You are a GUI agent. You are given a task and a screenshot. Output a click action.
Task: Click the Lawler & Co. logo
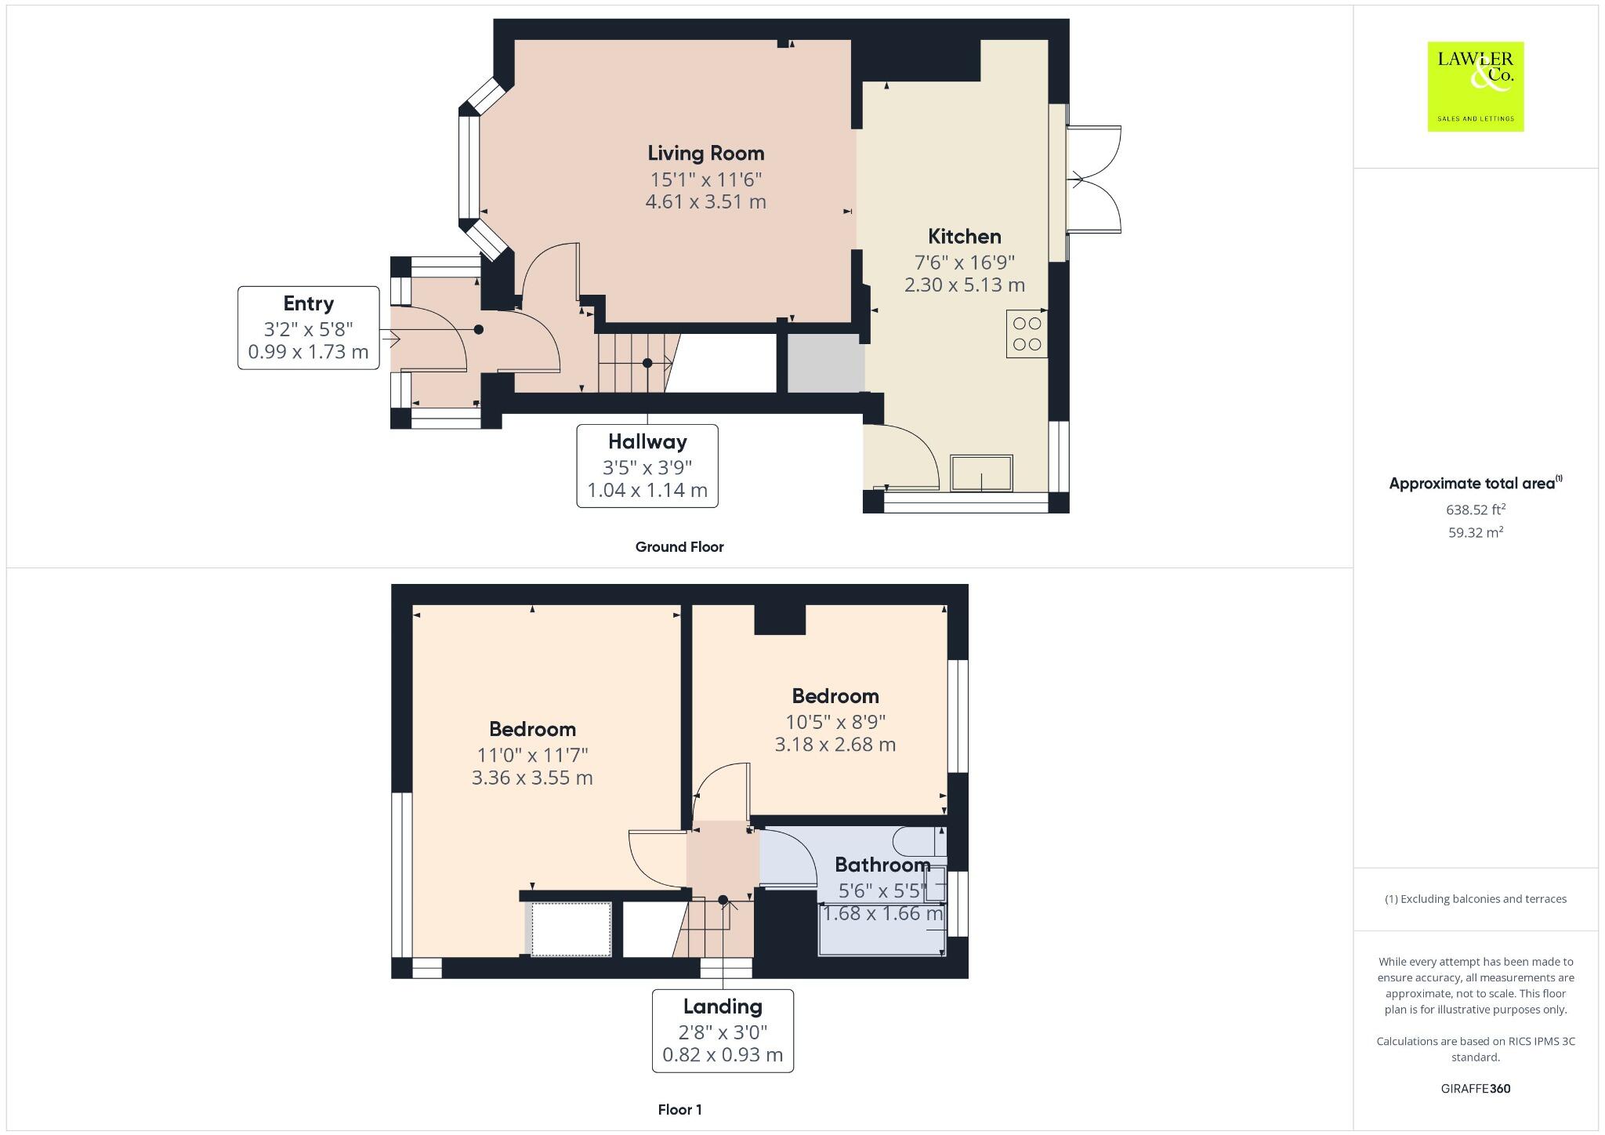point(1475,86)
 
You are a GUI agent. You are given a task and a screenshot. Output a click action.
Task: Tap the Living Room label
point(705,154)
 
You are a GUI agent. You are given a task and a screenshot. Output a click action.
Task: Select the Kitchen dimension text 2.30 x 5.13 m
point(964,285)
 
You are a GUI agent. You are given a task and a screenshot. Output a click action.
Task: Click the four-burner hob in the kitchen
point(1027,334)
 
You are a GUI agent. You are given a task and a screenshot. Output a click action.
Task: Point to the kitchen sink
point(981,473)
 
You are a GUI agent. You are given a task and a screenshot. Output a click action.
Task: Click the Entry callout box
point(308,328)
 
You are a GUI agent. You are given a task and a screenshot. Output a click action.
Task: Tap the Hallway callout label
point(647,442)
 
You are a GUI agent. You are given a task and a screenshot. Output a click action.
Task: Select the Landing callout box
point(723,1030)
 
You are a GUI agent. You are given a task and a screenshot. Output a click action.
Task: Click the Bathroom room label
point(882,865)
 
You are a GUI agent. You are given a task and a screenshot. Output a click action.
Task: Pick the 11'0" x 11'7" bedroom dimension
point(532,756)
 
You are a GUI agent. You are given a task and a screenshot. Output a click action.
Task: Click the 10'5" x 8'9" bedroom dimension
point(835,722)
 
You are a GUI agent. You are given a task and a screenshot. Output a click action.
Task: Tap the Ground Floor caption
point(679,547)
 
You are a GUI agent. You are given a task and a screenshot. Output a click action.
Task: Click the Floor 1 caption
point(679,1110)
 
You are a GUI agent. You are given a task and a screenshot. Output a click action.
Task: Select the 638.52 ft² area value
point(1475,509)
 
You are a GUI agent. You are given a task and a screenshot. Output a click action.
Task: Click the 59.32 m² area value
point(1475,532)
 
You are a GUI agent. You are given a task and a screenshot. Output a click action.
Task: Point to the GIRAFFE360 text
point(1475,1089)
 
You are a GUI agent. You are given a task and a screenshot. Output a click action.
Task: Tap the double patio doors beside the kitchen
point(1094,179)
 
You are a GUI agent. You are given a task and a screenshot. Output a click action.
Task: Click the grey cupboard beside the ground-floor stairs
point(824,364)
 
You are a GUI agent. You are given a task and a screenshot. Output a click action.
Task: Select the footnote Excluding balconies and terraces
point(1475,899)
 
